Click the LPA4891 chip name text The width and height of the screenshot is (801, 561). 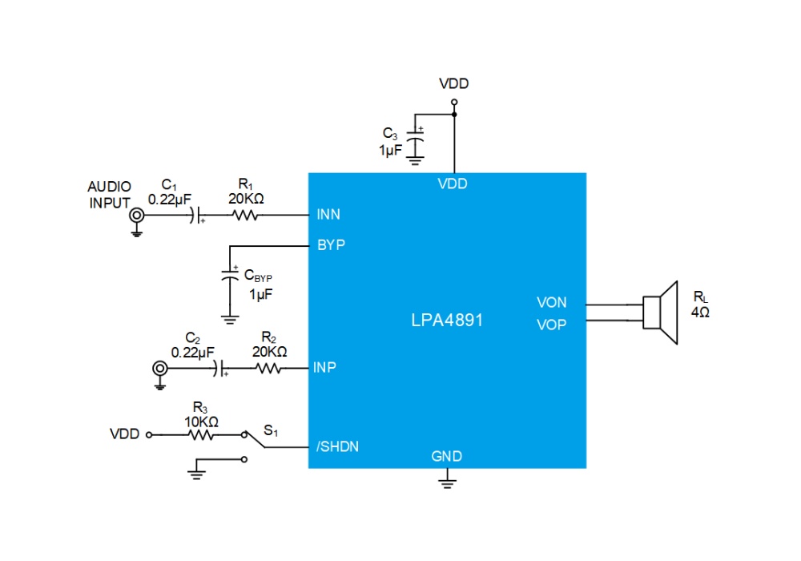tap(447, 321)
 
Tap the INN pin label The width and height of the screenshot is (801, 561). tap(328, 215)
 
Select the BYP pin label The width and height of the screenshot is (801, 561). tap(331, 245)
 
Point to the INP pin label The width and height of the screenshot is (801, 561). tap(324, 367)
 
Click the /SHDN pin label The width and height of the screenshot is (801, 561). tap(337, 446)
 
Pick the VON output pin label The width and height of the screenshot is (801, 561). tap(551, 302)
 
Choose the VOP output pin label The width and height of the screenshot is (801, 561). tap(551, 325)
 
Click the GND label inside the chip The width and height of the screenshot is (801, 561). tap(446, 456)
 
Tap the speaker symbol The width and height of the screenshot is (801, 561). tap(660, 313)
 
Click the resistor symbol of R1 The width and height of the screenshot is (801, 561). tap(245, 216)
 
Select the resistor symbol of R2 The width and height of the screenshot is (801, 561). tap(268, 369)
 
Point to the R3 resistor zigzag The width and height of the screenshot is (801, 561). tap(201, 435)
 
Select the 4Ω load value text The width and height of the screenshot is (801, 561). tap(700, 313)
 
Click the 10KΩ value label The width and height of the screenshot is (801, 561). tap(201, 422)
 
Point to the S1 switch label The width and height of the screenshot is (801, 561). tap(271, 430)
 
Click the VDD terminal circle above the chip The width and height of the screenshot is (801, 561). tap(454, 103)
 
